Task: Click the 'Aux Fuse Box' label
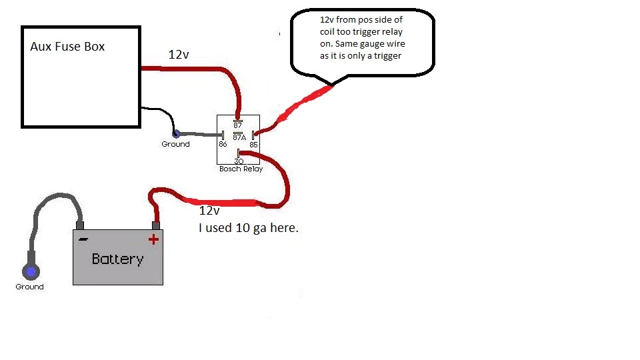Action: tap(67, 47)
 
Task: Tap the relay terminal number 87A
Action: tap(239, 137)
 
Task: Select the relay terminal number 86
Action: tap(223, 144)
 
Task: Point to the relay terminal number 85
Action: tap(253, 145)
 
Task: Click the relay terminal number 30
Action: tap(239, 161)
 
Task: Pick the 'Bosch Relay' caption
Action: tap(241, 169)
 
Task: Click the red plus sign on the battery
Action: tap(153, 239)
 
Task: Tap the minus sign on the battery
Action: tap(83, 239)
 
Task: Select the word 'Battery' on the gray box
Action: tap(117, 259)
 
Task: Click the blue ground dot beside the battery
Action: tap(31, 271)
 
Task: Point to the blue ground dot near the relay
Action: tap(176, 133)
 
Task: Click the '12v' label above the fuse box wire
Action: tap(179, 55)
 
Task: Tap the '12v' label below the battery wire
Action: tap(209, 211)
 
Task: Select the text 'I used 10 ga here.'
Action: tap(249, 228)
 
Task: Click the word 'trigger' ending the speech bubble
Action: tap(388, 56)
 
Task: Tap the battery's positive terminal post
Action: tap(155, 225)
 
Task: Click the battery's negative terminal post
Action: tap(80, 225)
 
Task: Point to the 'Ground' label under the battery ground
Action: tap(29, 287)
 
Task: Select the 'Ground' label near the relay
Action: tap(175, 144)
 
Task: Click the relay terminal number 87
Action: tap(237, 126)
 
